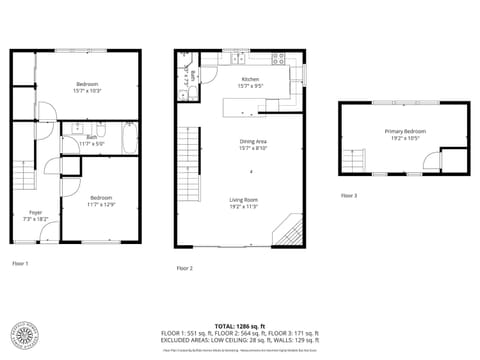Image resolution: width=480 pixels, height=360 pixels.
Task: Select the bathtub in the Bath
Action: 130,137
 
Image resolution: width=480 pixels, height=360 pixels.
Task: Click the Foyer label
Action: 35,212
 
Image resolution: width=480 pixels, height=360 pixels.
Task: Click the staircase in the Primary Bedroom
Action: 356,160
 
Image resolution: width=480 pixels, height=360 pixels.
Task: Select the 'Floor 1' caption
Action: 20,263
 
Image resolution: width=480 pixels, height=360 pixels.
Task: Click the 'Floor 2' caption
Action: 184,268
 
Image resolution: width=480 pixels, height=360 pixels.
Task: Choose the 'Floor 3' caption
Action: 348,195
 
